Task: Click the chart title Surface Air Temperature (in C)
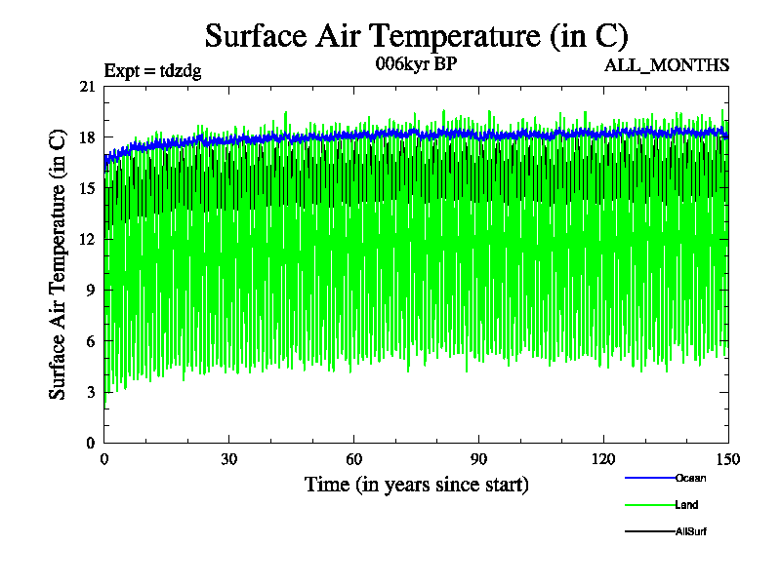click(416, 36)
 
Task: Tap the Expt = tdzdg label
click(152, 71)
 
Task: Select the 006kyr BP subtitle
click(416, 64)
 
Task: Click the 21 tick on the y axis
click(88, 87)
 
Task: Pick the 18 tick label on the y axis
click(88, 137)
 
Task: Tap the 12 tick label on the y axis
click(88, 239)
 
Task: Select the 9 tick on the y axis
click(92, 290)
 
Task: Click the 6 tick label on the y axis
click(92, 340)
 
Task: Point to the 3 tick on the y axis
click(92, 392)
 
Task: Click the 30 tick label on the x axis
click(229, 459)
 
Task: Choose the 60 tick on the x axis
click(354, 459)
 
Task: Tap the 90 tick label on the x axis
click(479, 459)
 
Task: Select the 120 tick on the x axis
click(603, 459)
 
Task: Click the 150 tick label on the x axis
click(727, 459)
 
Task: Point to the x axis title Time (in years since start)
click(416, 485)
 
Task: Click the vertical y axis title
click(59, 264)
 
